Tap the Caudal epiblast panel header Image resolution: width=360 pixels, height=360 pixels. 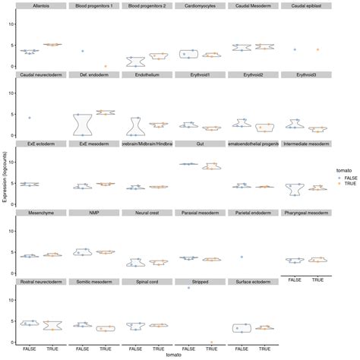coord(306,6)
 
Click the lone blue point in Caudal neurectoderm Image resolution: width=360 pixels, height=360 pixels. coord(30,118)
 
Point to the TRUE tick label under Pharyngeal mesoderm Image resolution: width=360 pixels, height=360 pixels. coord(318,279)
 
